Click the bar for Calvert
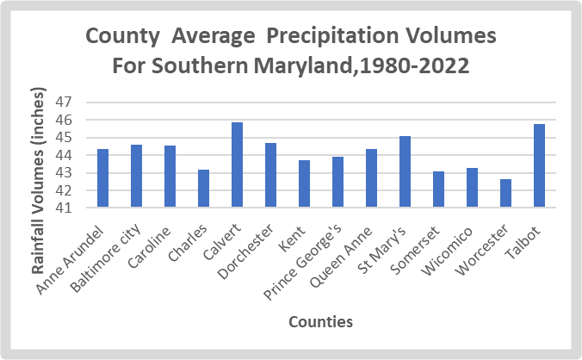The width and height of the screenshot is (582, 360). coord(237,164)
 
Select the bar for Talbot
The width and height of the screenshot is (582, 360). coord(539,165)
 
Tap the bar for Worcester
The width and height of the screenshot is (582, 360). coord(505,193)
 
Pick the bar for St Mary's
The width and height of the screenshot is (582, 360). coord(405,171)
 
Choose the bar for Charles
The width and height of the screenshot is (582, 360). coord(203,189)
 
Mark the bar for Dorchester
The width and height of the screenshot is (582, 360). coord(270,175)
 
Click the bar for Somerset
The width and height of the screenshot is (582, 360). coord(438,189)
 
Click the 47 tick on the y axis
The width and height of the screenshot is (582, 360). coord(65,102)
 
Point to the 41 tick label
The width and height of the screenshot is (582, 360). coord(65,208)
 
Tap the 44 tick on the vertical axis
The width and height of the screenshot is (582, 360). coord(65,155)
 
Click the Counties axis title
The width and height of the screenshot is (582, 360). coord(320,322)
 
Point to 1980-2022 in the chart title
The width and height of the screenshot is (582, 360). coord(419,65)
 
